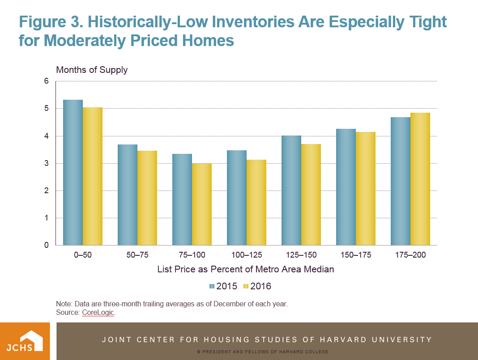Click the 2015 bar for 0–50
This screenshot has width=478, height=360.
73,173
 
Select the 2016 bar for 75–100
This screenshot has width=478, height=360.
202,204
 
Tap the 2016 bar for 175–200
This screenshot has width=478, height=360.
420,179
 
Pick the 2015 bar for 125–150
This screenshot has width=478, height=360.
291,191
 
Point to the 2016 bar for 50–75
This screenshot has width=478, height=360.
147,198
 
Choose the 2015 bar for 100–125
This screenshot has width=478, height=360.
237,198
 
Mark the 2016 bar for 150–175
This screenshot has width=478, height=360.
366,189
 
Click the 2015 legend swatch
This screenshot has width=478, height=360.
212,286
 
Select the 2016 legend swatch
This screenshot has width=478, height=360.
246,286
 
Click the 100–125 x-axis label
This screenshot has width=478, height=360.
246,255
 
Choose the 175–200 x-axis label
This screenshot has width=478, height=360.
410,255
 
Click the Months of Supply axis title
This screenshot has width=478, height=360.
92,70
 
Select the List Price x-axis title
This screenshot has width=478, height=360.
246,270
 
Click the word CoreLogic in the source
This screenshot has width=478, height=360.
98,313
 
